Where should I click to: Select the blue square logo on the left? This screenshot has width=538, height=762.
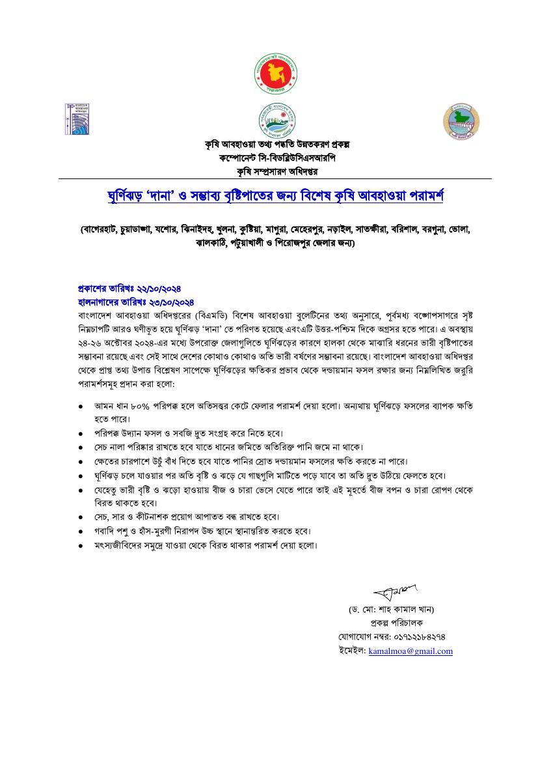tap(76, 119)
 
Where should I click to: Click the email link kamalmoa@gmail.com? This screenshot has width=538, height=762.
tap(410, 651)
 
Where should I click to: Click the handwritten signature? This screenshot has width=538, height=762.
tap(396, 592)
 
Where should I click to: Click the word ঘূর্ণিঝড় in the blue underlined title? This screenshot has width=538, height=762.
tap(128, 195)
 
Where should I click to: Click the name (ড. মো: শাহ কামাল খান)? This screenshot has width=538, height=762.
tap(391, 610)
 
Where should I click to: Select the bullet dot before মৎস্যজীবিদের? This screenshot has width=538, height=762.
tap(80, 546)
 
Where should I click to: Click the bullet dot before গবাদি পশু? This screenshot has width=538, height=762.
tap(80, 531)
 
